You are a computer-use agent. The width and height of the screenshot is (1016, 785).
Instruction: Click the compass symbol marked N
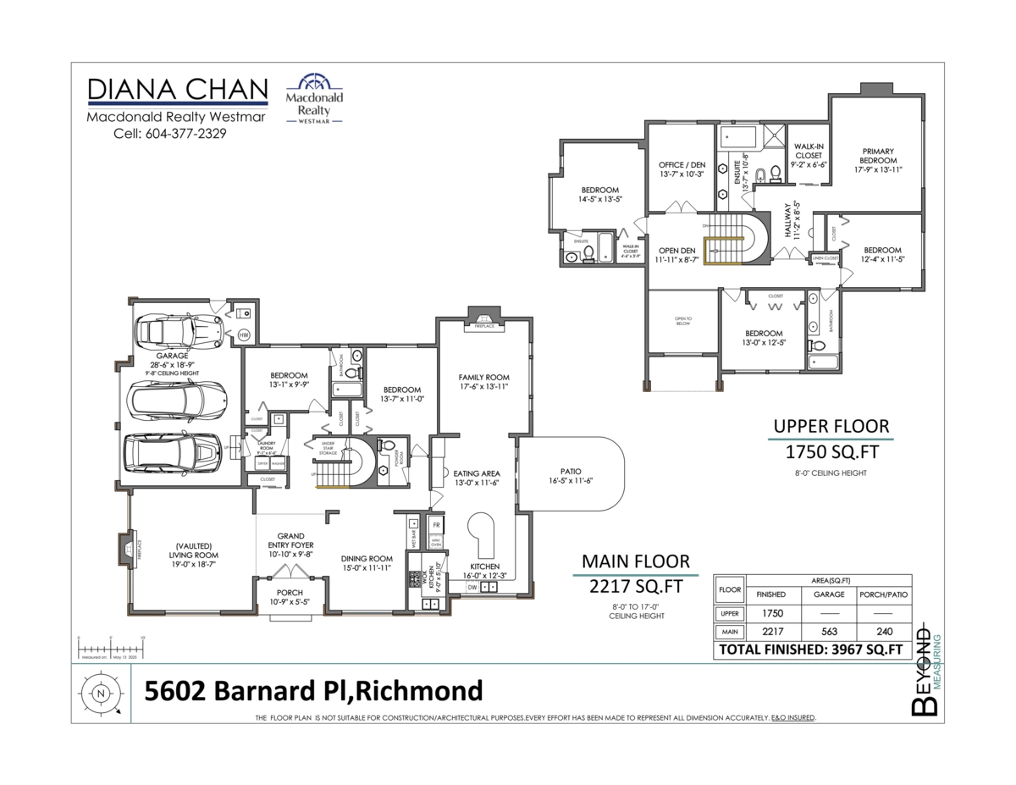[x=101, y=693]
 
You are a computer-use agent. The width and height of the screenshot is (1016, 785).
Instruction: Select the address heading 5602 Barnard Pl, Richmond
[x=313, y=691]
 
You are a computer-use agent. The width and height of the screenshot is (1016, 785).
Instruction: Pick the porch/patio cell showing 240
[x=883, y=632]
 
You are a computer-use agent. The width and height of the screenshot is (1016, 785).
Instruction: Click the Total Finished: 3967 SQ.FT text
[x=810, y=650]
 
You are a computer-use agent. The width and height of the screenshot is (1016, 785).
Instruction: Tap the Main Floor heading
[x=635, y=561]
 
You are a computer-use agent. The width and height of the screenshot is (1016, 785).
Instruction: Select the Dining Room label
[x=367, y=558]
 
